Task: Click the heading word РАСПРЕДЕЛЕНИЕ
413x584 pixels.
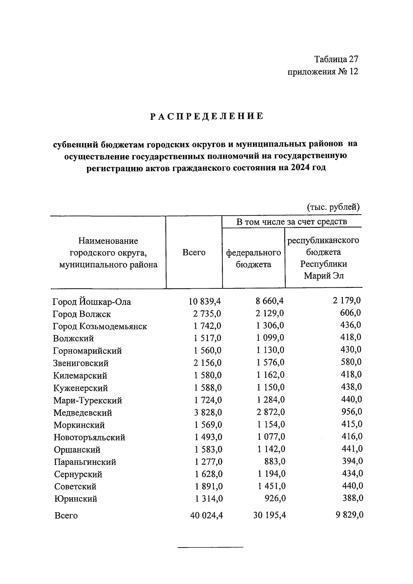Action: pos(206,116)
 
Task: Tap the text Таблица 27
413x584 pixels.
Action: pos(336,59)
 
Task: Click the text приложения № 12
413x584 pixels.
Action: pos(322,72)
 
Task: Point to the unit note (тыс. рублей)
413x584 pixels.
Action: pos(333,207)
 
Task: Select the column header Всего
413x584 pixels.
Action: pos(194,253)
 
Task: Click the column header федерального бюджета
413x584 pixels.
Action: pos(253,258)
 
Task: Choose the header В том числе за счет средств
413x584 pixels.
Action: pos(292,222)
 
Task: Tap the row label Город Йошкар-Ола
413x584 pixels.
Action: pos(92,302)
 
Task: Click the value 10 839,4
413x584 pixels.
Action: pos(204,301)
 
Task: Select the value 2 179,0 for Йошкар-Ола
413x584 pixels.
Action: pos(347,300)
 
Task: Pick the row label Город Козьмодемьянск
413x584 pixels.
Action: pos(100,326)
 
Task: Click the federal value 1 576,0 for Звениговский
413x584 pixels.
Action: pos(270,362)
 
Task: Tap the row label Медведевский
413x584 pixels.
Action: pos(83,413)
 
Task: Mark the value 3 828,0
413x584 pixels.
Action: pos(208,412)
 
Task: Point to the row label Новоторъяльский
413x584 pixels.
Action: pos(89,437)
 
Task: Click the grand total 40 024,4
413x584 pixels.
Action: pos(206,516)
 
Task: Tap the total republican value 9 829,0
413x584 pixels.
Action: pos(348,515)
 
